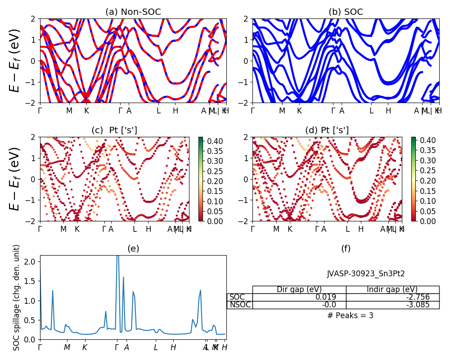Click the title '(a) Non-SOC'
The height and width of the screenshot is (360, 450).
(x=133, y=12)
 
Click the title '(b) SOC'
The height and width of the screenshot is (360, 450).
(x=346, y=12)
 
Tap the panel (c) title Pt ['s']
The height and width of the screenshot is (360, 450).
(x=114, y=130)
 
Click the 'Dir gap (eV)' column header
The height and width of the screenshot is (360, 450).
(x=299, y=289)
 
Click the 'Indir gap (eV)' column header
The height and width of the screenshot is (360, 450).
(x=392, y=289)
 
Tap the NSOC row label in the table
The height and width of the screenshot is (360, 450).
(x=239, y=305)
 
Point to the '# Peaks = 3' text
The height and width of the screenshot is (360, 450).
(x=350, y=315)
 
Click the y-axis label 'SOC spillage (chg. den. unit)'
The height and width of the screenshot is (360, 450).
(x=17, y=297)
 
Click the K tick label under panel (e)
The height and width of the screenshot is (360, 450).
(x=85, y=347)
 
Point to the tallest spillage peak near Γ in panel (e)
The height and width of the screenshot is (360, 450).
(x=117, y=256)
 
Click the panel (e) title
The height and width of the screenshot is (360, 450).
(x=133, y=248)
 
